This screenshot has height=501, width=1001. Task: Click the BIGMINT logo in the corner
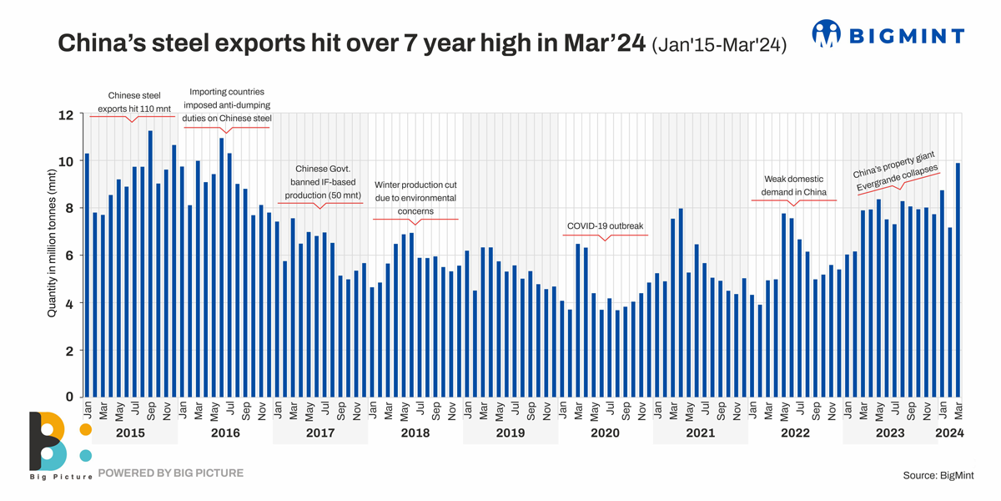888,35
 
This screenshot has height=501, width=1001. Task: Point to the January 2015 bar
87,276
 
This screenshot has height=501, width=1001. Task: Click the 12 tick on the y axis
67,114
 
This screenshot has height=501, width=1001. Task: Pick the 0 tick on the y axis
70,397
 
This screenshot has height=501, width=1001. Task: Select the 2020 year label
605,433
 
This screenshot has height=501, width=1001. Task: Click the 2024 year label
950,433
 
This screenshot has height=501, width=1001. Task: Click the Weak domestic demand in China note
793,186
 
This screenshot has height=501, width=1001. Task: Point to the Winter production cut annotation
415,198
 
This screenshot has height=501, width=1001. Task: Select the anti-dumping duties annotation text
227,105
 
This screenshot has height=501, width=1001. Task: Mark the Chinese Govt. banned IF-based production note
320,182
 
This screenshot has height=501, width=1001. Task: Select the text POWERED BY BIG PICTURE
171,473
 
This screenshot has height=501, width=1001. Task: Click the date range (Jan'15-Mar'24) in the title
719,45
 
